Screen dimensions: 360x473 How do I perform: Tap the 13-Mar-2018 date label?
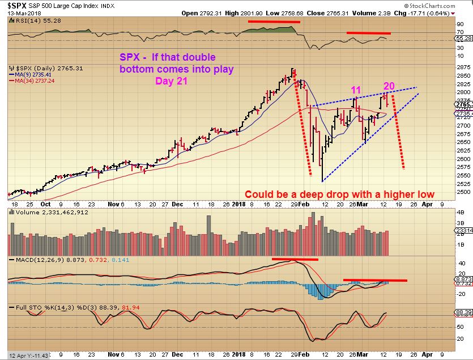pyautogui.click(x=17, y=12)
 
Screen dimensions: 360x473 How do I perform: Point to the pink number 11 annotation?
pyautogui.click(x=355, y=90)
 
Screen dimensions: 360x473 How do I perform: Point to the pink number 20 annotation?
pyautogui.click(x=389, y=86)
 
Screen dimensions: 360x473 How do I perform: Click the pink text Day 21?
pyautogui.click(x=172, y=81)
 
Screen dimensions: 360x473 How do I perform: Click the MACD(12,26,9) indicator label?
pyautogui.click(x=38, y=259)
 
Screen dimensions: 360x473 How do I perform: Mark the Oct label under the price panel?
pyautogui.click(x=45, y=204)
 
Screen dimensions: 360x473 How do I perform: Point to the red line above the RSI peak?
pyautogui.click(x=273, y=22)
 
